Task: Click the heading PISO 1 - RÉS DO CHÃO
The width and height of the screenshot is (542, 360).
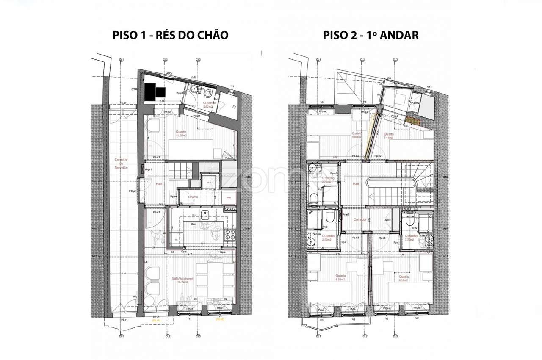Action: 170,35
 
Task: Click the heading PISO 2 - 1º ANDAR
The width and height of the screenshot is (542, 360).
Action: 371,35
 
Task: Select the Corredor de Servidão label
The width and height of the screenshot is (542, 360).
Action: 121,163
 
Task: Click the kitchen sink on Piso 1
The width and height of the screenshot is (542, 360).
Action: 205,213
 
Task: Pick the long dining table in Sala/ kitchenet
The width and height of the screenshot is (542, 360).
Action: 207,280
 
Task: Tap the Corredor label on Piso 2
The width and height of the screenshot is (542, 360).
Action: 359,220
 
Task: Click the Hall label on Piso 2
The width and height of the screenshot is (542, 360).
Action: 356,184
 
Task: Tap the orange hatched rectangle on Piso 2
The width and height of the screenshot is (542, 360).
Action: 413,122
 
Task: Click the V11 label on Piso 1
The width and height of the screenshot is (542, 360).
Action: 233,87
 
